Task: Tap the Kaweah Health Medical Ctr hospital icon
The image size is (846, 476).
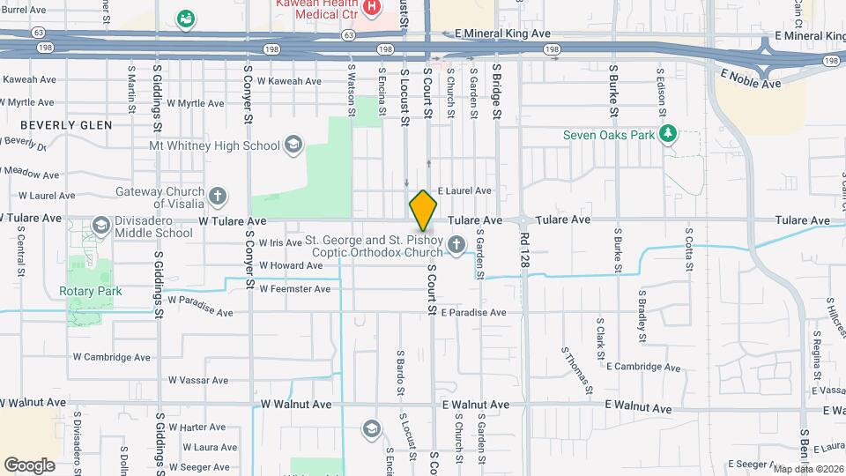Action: (372, 7)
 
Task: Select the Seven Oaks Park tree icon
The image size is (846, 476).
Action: (669, 134)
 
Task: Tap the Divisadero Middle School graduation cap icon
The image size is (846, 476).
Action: (101, 226)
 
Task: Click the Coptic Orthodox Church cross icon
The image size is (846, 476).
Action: (456, 244)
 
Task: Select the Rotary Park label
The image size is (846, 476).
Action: (91, 291)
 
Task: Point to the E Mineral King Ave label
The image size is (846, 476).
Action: (502, 33)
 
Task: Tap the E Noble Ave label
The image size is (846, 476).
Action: (751, 79)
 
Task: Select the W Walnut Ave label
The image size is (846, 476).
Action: (296, 405)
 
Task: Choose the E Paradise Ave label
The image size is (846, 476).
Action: (474, 312)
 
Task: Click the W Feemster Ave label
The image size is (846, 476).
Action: (294, 288)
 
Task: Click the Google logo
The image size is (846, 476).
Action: (29, 465)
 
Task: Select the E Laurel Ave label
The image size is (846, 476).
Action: (464, 190)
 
